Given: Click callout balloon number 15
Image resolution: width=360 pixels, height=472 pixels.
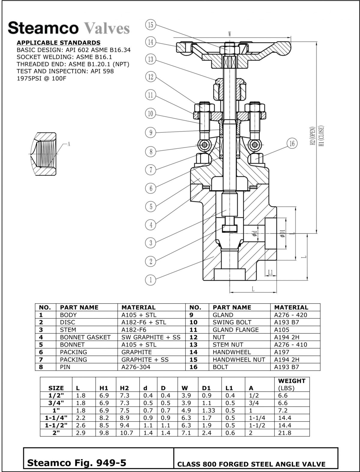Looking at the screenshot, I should (x=151, y=25).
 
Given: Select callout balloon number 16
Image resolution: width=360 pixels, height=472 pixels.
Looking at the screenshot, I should (x=292, y=144).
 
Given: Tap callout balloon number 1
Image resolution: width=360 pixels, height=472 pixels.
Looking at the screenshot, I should (x=151, y=280).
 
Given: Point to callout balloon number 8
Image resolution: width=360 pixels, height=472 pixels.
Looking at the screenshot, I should (x=151, y=152).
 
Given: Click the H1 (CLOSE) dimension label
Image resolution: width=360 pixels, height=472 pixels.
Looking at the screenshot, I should (x=321, y=136).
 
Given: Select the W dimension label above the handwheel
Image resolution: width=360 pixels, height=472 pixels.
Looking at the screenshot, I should (x=230, y=34).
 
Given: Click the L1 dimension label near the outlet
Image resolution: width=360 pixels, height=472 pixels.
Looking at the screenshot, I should (x=271, y=272).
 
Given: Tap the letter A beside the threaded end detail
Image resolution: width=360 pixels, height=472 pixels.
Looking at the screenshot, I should (x=69, y=144).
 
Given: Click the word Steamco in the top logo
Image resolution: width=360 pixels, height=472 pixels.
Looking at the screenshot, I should (x=43, y=28).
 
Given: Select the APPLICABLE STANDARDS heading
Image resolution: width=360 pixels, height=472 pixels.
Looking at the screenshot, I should (x=58, y=43).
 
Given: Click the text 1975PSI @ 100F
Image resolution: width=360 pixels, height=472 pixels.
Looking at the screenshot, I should (x=41, y=78).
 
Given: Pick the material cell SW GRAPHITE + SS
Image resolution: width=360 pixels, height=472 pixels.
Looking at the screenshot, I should (x=151, y=337).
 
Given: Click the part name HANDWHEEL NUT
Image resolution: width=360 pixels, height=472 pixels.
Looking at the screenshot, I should (x=239, y=359).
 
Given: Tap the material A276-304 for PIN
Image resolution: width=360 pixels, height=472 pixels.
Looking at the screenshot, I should (x=136, y=367).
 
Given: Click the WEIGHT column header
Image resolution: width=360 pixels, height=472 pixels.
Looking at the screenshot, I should (x=292, y=381).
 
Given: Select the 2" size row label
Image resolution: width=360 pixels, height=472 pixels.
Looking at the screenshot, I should (x=56, y=433).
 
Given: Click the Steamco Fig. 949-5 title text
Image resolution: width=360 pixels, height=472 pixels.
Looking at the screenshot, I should (x=76, y=463).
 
